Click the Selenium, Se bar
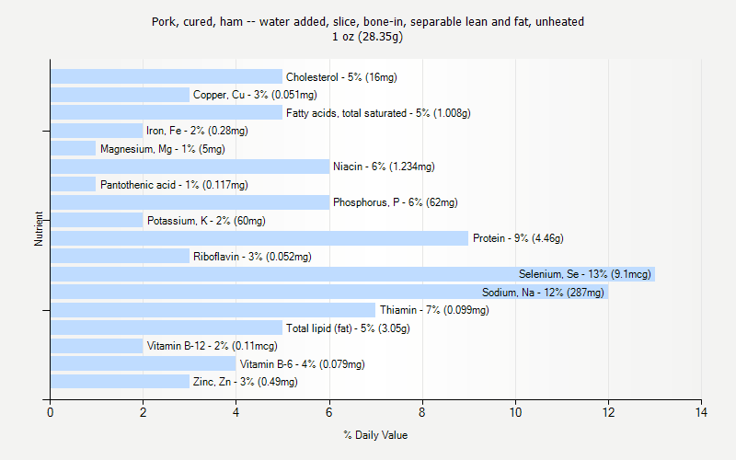352,274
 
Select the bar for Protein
259,238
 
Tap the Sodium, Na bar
329,293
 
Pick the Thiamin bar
213,310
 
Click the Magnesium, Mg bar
74,149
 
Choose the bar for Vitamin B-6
143,364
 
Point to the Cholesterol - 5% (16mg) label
341,77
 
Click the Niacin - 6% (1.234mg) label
384,167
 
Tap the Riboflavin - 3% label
252,257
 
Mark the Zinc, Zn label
246,382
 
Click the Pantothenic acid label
174,185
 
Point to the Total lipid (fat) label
348,328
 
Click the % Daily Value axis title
375,435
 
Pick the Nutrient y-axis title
40,228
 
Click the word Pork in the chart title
165,21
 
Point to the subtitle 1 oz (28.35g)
368,37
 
